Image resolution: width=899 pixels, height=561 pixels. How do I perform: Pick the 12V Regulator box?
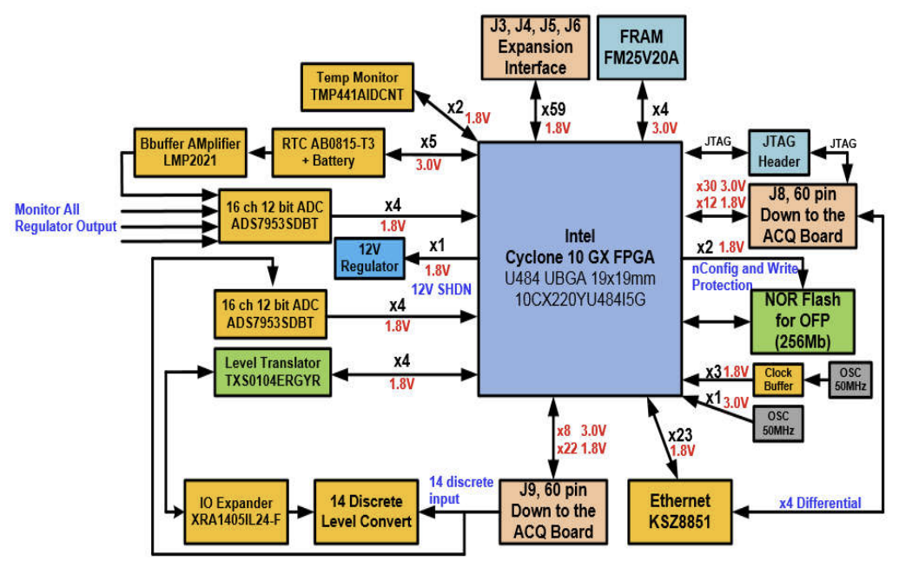coord(369,257)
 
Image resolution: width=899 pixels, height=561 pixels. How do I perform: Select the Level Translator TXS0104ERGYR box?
coord(272,372)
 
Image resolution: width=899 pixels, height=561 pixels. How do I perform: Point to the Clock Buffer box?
coord(778,379)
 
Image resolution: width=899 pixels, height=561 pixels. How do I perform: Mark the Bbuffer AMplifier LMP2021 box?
coord(188,151)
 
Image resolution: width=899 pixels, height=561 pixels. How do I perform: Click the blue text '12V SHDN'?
coord(440,288)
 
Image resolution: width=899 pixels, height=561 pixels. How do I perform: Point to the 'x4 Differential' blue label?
coord(821,503)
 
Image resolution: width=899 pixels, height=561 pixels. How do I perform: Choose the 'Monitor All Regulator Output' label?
coord(65,218)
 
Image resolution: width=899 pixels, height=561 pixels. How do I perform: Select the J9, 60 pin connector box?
coord(553,511)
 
